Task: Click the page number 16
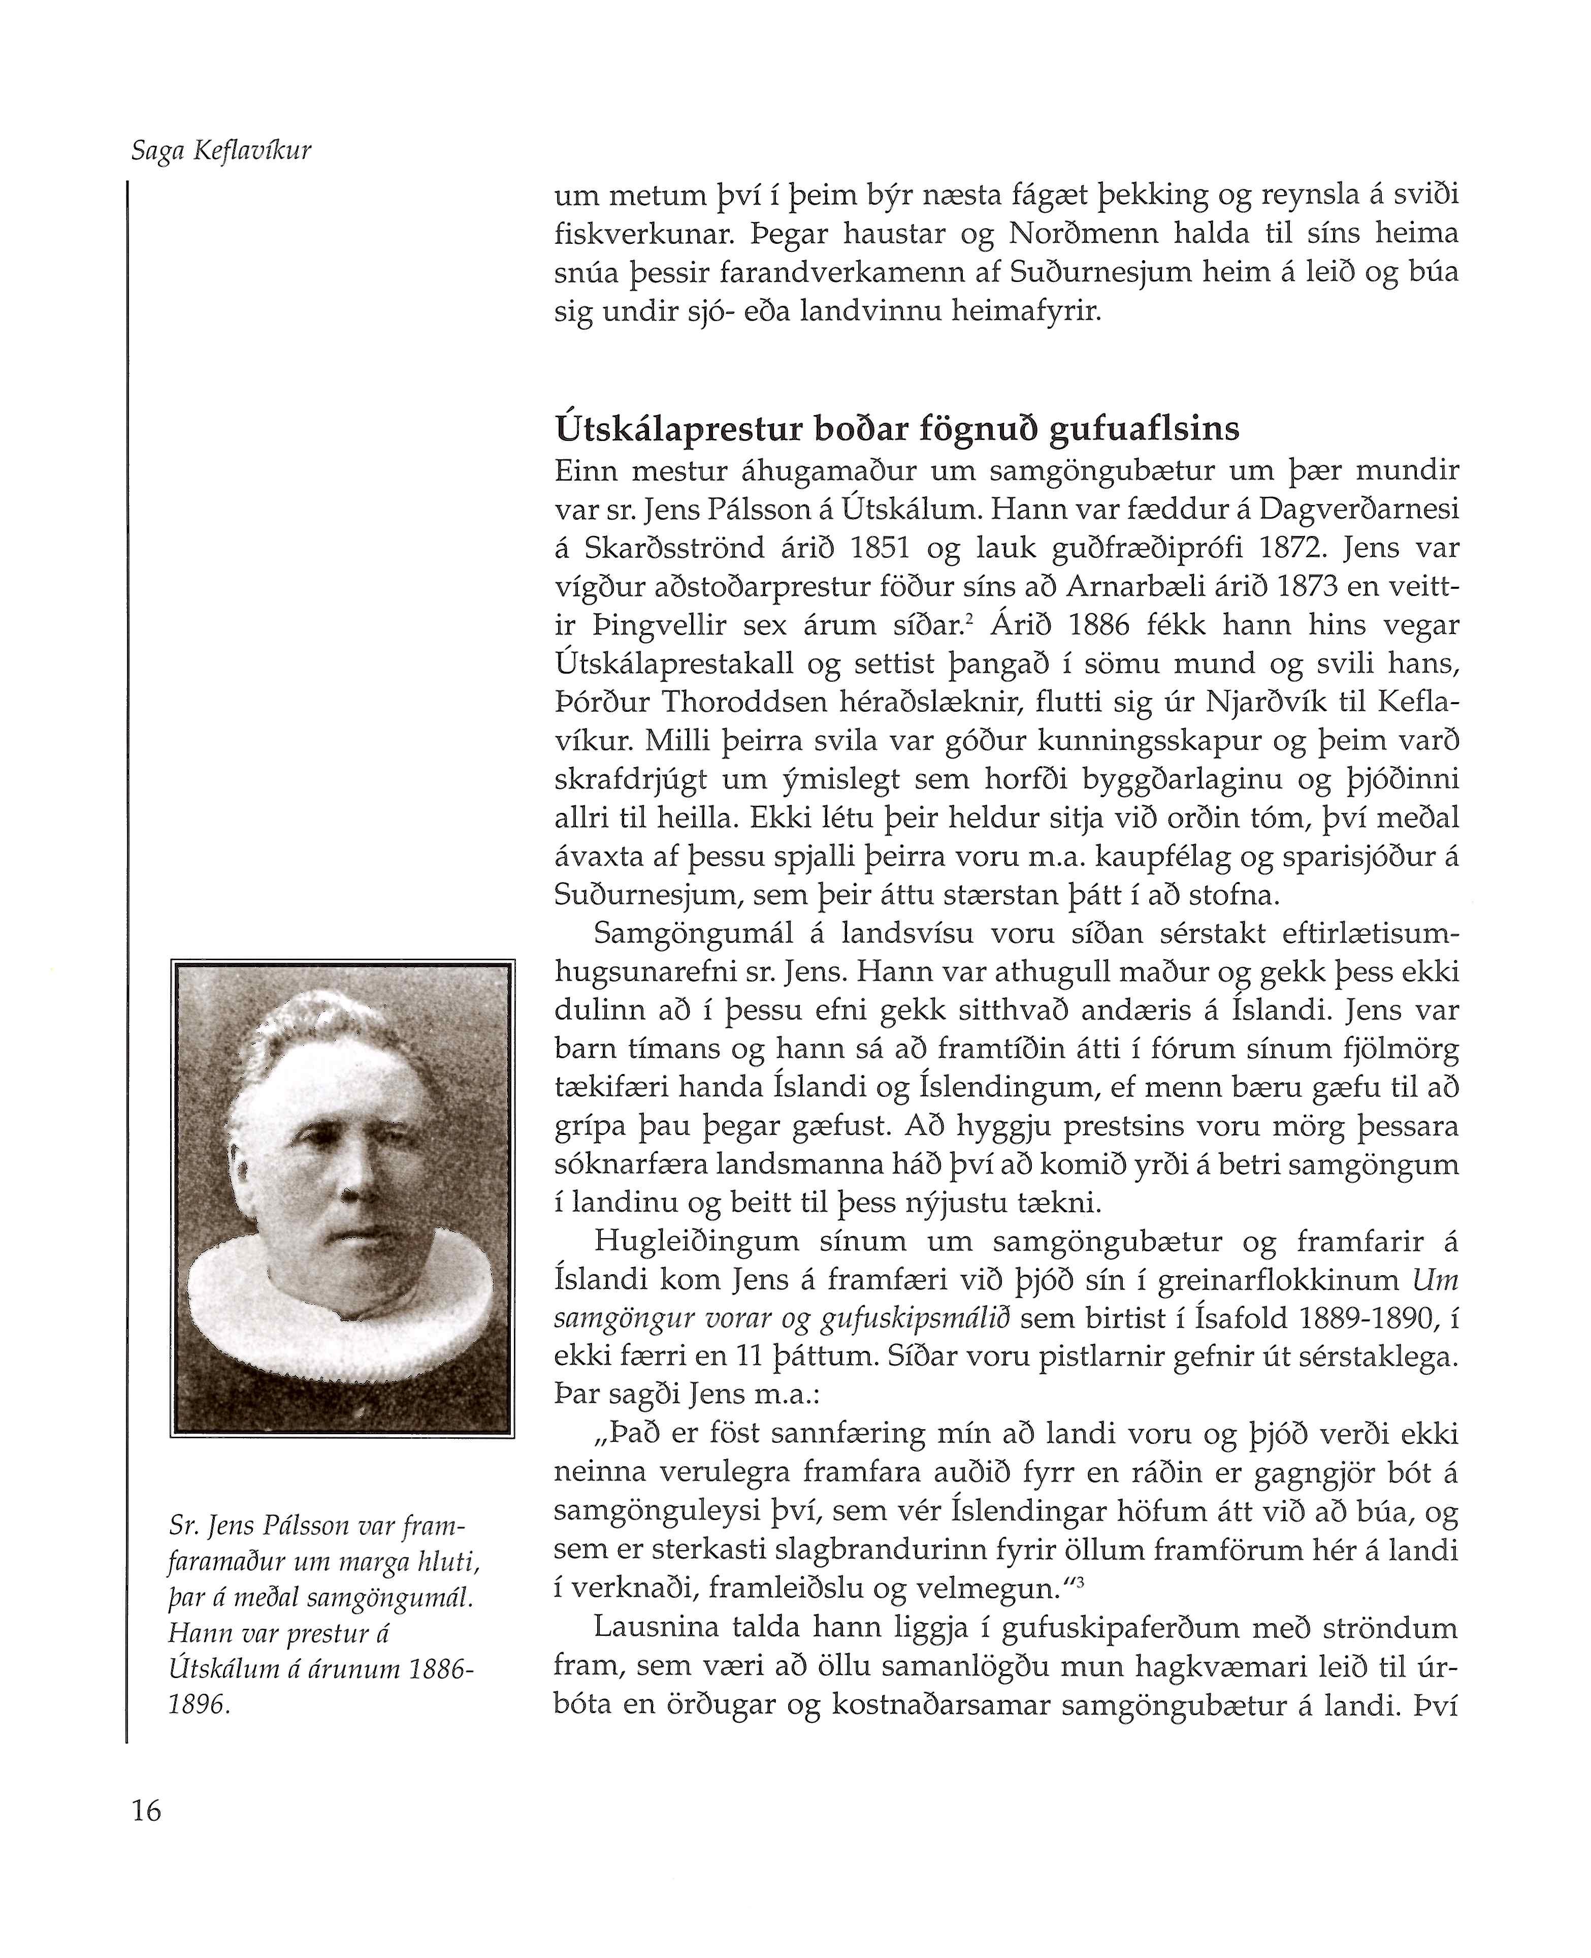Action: tap(147, 1811)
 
